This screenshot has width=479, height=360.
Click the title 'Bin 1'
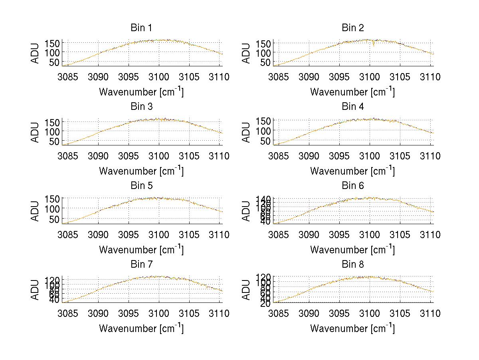tap(141, 28)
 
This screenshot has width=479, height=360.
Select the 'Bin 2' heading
tap(352, 28)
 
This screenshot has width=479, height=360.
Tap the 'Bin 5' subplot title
tap(141, 186)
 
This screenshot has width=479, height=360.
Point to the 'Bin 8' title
tap(352, 265)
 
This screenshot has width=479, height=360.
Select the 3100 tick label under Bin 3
tap(159, 156)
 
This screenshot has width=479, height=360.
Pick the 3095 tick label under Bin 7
tap(129, 314)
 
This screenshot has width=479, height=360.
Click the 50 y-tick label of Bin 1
tap(55, 62)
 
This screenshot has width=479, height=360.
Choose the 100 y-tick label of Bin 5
tap(52, 209)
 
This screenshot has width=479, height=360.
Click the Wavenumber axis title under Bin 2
tap(352, 92)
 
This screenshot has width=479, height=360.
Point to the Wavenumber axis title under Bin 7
tap(141, 328)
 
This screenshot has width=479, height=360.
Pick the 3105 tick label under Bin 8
tap(400, 314)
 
